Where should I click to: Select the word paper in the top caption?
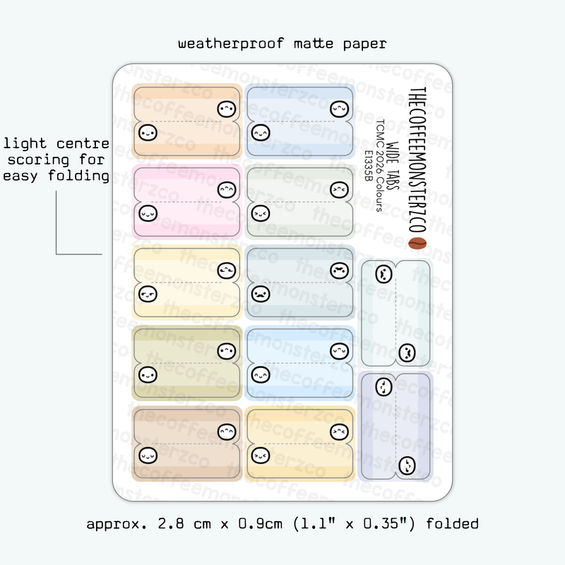click(364, 44)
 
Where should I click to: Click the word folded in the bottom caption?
click(452, 524)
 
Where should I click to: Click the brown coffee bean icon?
click(417, 244)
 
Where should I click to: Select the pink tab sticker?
click(187, 201)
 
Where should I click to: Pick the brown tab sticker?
click(187, 443)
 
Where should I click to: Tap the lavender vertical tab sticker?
click(395, 427)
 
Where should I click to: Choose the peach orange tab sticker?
click(187, 121)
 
